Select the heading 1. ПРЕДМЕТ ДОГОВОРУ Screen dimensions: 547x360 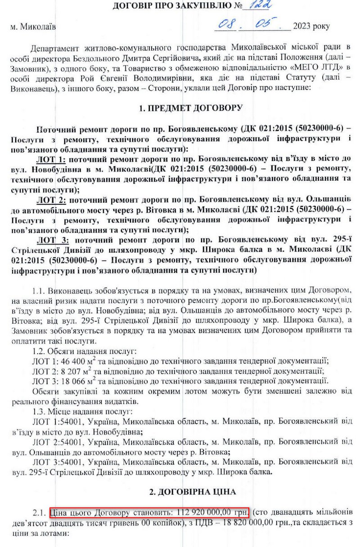[191, 108]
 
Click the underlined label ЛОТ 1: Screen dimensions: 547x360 [51, 161]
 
